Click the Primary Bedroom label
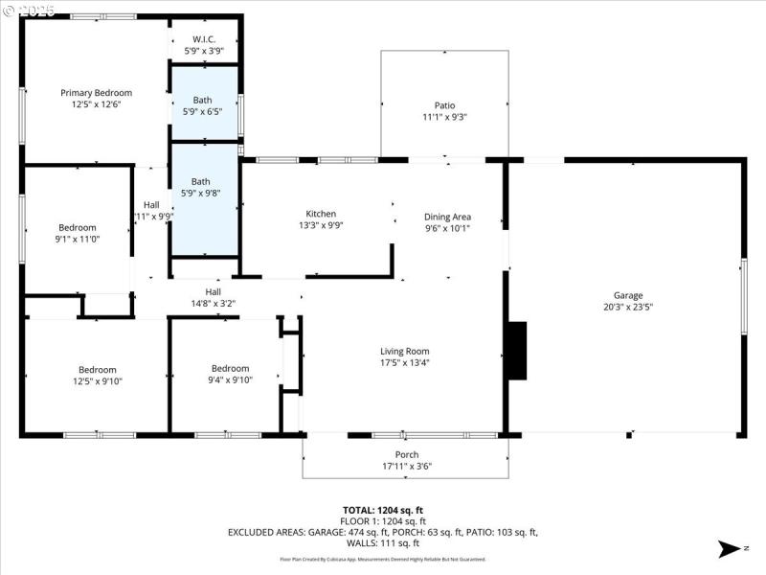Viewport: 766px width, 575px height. click(96, 93)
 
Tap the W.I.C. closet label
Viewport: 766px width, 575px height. click(204, 39)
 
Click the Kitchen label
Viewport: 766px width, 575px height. click(321, 214)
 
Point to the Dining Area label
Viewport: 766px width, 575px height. click(447, 217)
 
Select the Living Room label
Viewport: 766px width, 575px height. click(404, 351)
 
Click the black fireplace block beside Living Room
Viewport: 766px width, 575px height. click(516, 351)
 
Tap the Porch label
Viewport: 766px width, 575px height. click(407, 454)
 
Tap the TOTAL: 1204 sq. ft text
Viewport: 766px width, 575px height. click(383, 510)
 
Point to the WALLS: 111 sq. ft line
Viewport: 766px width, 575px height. click(383, 543)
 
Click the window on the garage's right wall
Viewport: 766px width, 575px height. click(743, 296)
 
